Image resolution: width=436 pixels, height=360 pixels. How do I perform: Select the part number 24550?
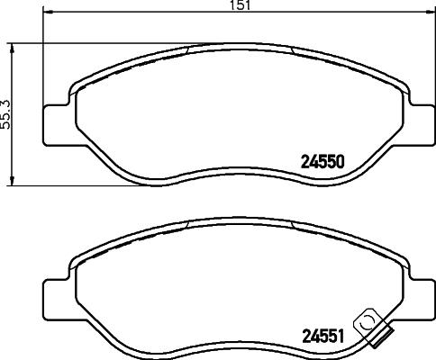pyautogui.click(x=322, y=163)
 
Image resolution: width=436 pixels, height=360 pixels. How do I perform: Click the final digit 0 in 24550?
pyautogui.click(x=342, y=163)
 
